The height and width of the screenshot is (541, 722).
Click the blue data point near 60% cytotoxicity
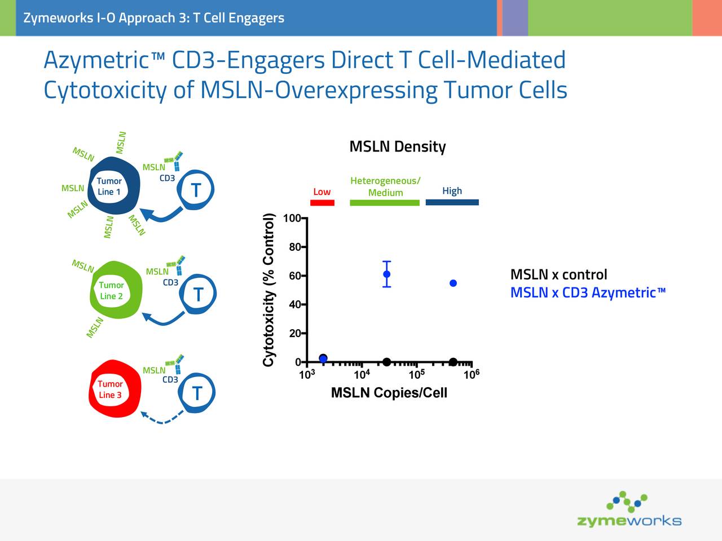coord(386,274)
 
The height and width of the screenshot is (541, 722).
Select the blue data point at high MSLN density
coord(453,283)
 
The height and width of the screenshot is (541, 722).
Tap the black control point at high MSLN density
coord(453,362)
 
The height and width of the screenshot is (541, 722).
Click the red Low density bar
coord(322,202)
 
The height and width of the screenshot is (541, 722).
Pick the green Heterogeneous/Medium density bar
coord(385,202)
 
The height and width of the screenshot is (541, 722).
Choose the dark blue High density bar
coord(452,202)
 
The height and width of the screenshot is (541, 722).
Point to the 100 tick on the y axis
coord(292,219)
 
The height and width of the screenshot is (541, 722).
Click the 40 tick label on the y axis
coord(294,305)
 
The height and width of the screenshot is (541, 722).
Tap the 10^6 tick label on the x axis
coord(471,375)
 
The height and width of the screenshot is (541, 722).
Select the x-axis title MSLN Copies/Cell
coord(389,393)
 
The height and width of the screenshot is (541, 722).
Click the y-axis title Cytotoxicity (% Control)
coord(269,290)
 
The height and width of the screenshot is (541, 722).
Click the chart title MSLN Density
coord(397,147)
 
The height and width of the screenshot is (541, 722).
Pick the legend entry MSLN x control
coord(558,274)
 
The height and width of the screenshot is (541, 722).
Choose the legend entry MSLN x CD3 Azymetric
coord(588,292)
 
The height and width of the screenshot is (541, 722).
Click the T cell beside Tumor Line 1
coord(195,190)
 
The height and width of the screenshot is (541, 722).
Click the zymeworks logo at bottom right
coord(629,510)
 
